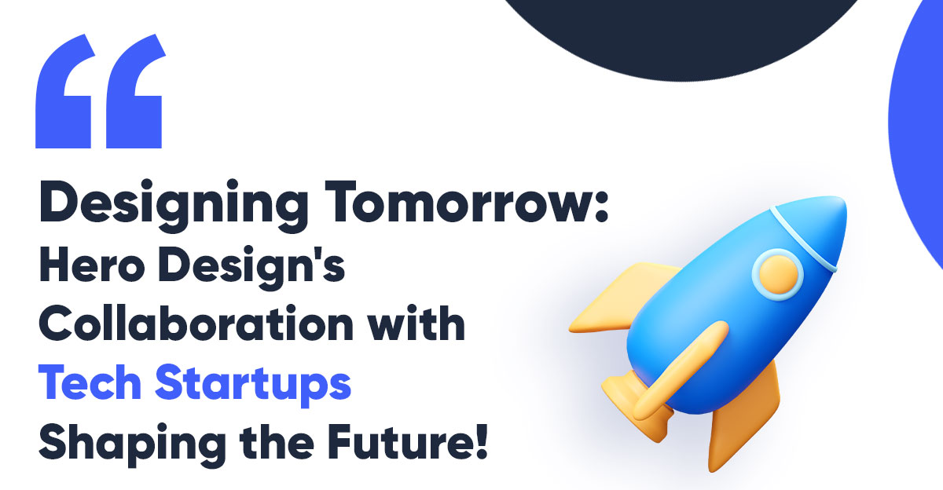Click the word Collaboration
[x=196, y=324]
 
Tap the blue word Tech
[x=90, y=382]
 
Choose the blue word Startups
[x=253, y=385]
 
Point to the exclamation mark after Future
[x=483, y=441]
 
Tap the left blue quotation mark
[x=65, y=91]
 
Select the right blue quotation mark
[x=136, y=91]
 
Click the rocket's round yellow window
[x=779, y=275]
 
